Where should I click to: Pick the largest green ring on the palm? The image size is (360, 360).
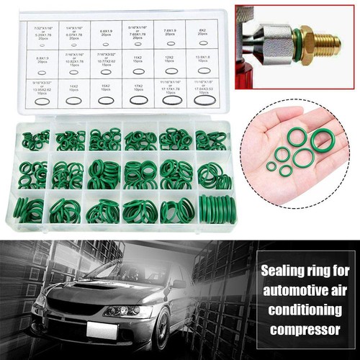pyautogui.click(x=322, y=140)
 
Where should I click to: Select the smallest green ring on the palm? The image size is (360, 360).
pyautogui.click(x=271, y=166)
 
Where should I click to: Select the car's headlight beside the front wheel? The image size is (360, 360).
pyautogui.click(x=122, y=311)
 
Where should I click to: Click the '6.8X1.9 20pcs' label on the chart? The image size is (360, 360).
pyautogui.click(x=106, y=34)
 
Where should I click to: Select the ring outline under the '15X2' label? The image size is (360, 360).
pyautogui.click(x=106, y=100)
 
